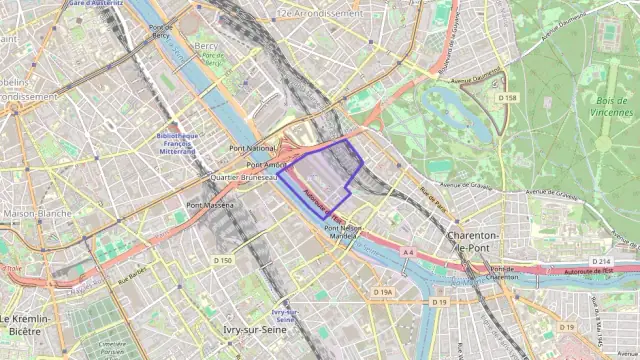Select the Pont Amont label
267,164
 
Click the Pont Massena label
210,205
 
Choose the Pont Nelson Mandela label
343,232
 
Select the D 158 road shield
507,98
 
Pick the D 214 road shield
600,261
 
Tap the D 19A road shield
384,292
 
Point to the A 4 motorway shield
408,253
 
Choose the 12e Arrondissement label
320,14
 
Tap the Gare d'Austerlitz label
95,4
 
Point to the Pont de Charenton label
504,273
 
